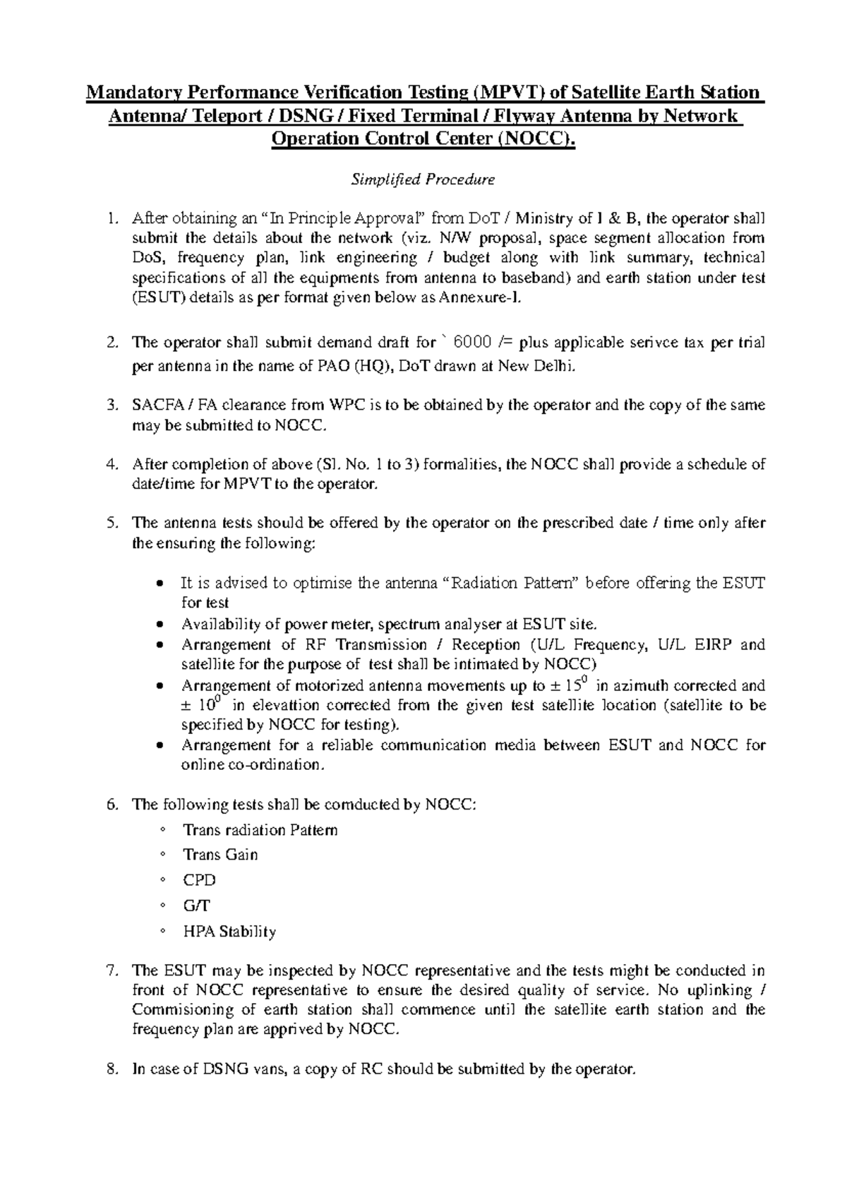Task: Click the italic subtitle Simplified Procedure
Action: click(x=423, y=179)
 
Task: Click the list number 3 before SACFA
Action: click(x=111, y=405)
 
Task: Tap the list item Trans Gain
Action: click(x=220, y=855)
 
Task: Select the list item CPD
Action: click(x=199, y=880)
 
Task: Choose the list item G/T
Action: click(x=196, y=906)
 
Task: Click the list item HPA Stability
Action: click(x=229, y=932)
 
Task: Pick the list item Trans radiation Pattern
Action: click(x=260, y=830)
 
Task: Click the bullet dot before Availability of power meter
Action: click(x=162, y=625)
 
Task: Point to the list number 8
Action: click(x=111, y=1069)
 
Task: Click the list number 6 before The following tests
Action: click(x=111, y=805)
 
